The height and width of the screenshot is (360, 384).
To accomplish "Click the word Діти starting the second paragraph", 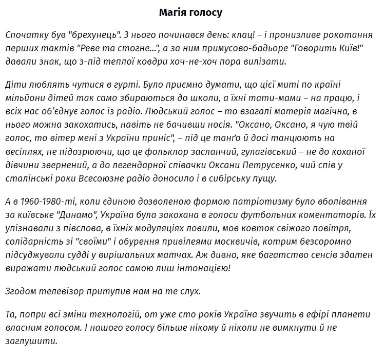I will [16, 85].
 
